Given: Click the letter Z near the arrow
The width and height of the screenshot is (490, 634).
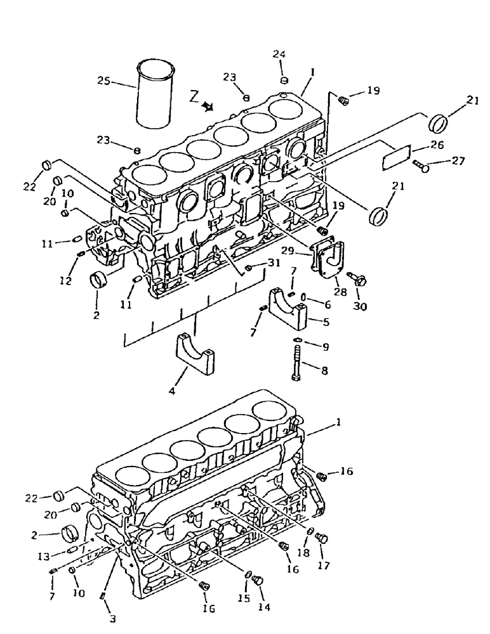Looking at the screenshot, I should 194,96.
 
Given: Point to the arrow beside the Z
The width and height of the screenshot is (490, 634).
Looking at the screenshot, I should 208,107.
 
